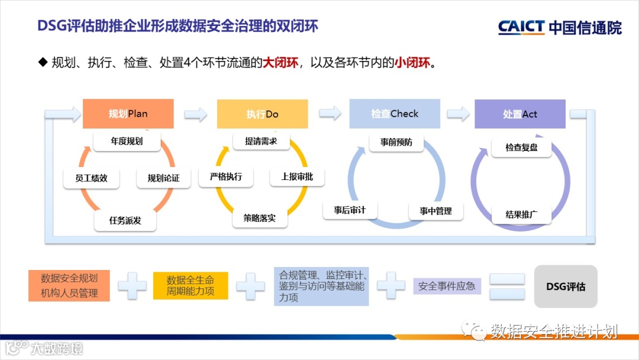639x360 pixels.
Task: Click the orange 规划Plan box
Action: tap(128, 114)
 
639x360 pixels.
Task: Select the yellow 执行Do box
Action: tap(262, 114)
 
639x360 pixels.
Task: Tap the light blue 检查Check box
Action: tap(395, 114)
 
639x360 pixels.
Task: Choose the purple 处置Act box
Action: tap(520, 114)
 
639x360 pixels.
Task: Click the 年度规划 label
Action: tap(127, 142)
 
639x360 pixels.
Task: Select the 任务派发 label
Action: tap(125, 220)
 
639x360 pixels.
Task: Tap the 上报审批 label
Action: tap(297, 176)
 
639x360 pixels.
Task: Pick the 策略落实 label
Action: tap(260, 218)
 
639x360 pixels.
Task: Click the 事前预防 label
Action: tap(396, 142)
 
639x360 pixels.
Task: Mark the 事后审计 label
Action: tap(350, 210)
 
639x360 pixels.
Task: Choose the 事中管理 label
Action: tap(436, 211)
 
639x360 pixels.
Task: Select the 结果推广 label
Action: tap(521, 214)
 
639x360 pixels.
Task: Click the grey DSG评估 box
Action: tap(566, 287)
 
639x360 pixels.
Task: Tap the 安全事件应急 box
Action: tap(447, 286)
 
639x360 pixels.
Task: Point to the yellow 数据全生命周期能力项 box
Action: tap(191, 285)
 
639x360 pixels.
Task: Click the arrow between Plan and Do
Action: tap(196, 114)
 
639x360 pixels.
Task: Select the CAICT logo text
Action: tap(521, 27)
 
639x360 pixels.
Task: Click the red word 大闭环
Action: tap(280, 62)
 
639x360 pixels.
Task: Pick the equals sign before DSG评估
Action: tap(507, 287)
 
